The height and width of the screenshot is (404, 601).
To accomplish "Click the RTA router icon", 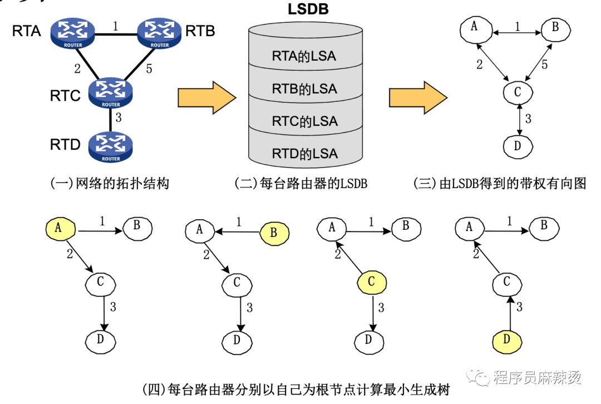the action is click(x=73, y=33).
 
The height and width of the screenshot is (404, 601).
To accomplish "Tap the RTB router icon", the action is click(x=160, y=33).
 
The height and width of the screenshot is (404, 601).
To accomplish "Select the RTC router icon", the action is click(x=110, y=93).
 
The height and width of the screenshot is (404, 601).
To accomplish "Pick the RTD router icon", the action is click(x=110, y=147).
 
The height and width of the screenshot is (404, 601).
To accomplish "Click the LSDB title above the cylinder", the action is click(x=308, y=9).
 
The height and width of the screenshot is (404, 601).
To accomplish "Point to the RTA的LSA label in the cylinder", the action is click(x=304, y=56).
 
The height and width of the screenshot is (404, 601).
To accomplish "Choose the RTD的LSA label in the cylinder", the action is click(x=305, y=154).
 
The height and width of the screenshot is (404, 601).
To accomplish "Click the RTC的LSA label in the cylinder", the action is click(x=305, y=121).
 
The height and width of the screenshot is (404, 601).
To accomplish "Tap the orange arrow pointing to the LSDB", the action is click(x=207, y=98).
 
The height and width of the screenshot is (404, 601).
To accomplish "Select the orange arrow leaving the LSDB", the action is click(x=418, y=98).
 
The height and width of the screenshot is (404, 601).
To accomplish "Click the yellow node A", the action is click(x=60, y=229).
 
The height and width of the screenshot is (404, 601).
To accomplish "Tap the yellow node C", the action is click(x=371, y=283).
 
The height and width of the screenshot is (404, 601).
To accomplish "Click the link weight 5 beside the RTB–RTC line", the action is click(x=149, y=68).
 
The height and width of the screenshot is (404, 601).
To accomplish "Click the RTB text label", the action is click(x=200, y=31).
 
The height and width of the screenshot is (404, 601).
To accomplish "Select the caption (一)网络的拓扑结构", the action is click(x=110, y=183).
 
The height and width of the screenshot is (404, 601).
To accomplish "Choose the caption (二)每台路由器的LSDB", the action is click(x=301, y=183).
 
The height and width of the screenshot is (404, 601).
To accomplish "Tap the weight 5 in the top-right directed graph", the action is click(x=544, y=65).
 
